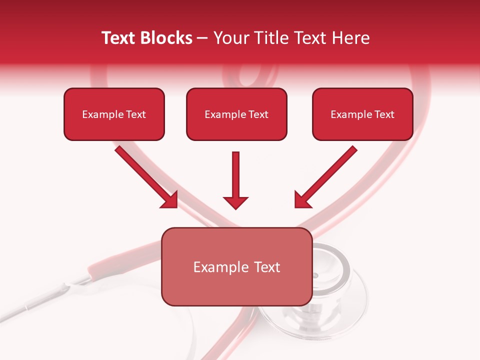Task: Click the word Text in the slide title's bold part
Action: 118,38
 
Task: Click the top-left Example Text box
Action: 114,114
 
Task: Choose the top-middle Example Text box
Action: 236,114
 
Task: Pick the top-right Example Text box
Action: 362,114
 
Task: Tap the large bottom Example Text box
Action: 237,266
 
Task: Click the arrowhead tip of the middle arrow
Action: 235,207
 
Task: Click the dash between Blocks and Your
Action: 203,38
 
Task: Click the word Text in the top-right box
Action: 384,114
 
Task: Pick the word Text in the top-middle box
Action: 258,114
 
